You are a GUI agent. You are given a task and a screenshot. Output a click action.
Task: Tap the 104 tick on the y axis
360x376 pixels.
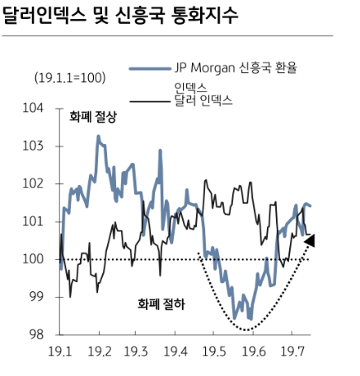coord(35,109)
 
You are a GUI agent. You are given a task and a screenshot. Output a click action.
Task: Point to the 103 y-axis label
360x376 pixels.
coord(35,146)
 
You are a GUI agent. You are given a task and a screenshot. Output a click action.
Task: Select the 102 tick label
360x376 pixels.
coord(35,183)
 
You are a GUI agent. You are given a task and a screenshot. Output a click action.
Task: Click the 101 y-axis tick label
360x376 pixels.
coord(35,221)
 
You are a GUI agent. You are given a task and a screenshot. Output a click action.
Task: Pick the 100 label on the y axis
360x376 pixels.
coord(35,259)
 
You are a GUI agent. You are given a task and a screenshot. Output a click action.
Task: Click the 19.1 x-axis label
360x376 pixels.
coord(61,351)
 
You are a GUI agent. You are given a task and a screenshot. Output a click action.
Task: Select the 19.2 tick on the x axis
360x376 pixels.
coord(99,351)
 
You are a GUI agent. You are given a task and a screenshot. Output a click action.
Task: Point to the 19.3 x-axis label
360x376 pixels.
coord(137,351)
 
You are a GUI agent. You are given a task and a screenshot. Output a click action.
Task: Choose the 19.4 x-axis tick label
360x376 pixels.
coord(175,351)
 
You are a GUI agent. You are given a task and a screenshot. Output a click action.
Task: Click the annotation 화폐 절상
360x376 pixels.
coord(93,117)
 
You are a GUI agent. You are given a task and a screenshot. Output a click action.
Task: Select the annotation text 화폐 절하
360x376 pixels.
coord(161,304)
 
